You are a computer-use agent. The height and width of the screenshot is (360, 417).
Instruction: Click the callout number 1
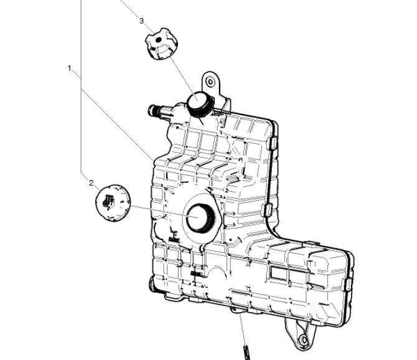70,69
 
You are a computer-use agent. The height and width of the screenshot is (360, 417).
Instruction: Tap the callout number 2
91,183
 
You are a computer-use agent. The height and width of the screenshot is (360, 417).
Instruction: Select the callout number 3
141,21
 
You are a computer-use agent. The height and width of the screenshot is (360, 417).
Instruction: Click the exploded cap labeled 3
161,44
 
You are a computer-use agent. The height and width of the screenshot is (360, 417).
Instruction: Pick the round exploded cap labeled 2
113,203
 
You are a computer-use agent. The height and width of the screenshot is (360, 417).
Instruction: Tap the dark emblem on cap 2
108,201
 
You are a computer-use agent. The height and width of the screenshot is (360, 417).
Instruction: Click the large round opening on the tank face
200,217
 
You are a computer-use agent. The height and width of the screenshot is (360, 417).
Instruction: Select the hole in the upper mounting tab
210,82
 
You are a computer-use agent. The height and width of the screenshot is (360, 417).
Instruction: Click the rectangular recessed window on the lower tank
278,273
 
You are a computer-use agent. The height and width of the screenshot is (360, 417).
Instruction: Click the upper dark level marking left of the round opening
174,239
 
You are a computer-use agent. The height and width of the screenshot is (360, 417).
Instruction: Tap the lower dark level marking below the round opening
196,273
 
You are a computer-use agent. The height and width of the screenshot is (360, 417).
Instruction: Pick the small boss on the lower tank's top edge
311,243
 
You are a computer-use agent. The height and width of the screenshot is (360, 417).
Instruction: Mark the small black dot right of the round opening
230,239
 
